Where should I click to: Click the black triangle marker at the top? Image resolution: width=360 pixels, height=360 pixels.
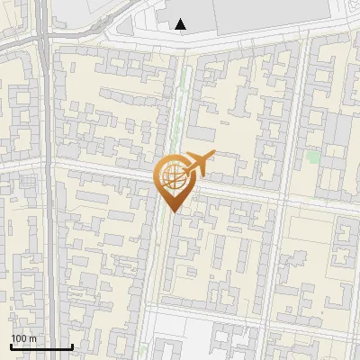click(181, 24)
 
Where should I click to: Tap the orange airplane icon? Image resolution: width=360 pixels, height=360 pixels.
click(199, 164)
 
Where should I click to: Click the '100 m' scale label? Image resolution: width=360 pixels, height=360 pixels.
click(23, 337)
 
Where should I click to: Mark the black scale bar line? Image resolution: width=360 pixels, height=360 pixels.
click(41, 346)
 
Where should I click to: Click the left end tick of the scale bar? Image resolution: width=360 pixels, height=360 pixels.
click(11, 345)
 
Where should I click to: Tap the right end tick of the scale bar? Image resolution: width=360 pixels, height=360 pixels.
click(72, 345)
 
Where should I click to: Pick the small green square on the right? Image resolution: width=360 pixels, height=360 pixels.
click(312, 157)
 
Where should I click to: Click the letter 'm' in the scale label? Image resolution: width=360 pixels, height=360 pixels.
click(32, 337)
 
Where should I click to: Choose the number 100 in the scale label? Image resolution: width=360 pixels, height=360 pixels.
click(19, 337)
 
